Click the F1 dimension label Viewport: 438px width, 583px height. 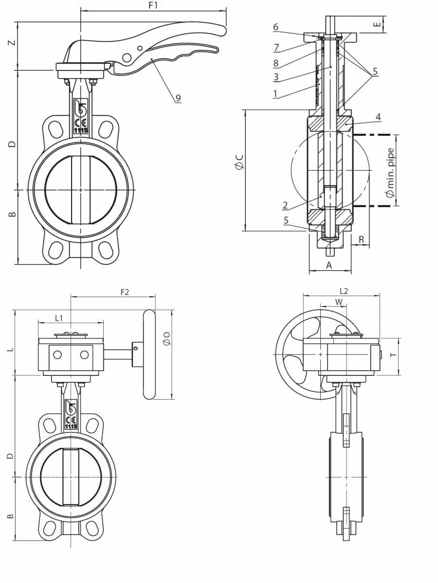153,5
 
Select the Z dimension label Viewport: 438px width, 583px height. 14,43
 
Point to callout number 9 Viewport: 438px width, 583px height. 178,98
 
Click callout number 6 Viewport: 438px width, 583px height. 275,27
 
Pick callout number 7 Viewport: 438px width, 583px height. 275,47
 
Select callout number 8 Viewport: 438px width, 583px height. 275,62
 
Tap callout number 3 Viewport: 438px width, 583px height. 275,77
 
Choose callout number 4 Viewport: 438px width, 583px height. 378,117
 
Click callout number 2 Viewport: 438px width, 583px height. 286,205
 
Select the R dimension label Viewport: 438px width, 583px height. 361,239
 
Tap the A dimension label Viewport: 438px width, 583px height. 328,265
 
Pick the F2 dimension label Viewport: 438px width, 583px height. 125,292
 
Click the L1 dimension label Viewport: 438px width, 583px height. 59,318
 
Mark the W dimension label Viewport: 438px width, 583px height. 340,302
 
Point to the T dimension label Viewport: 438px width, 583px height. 394,355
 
